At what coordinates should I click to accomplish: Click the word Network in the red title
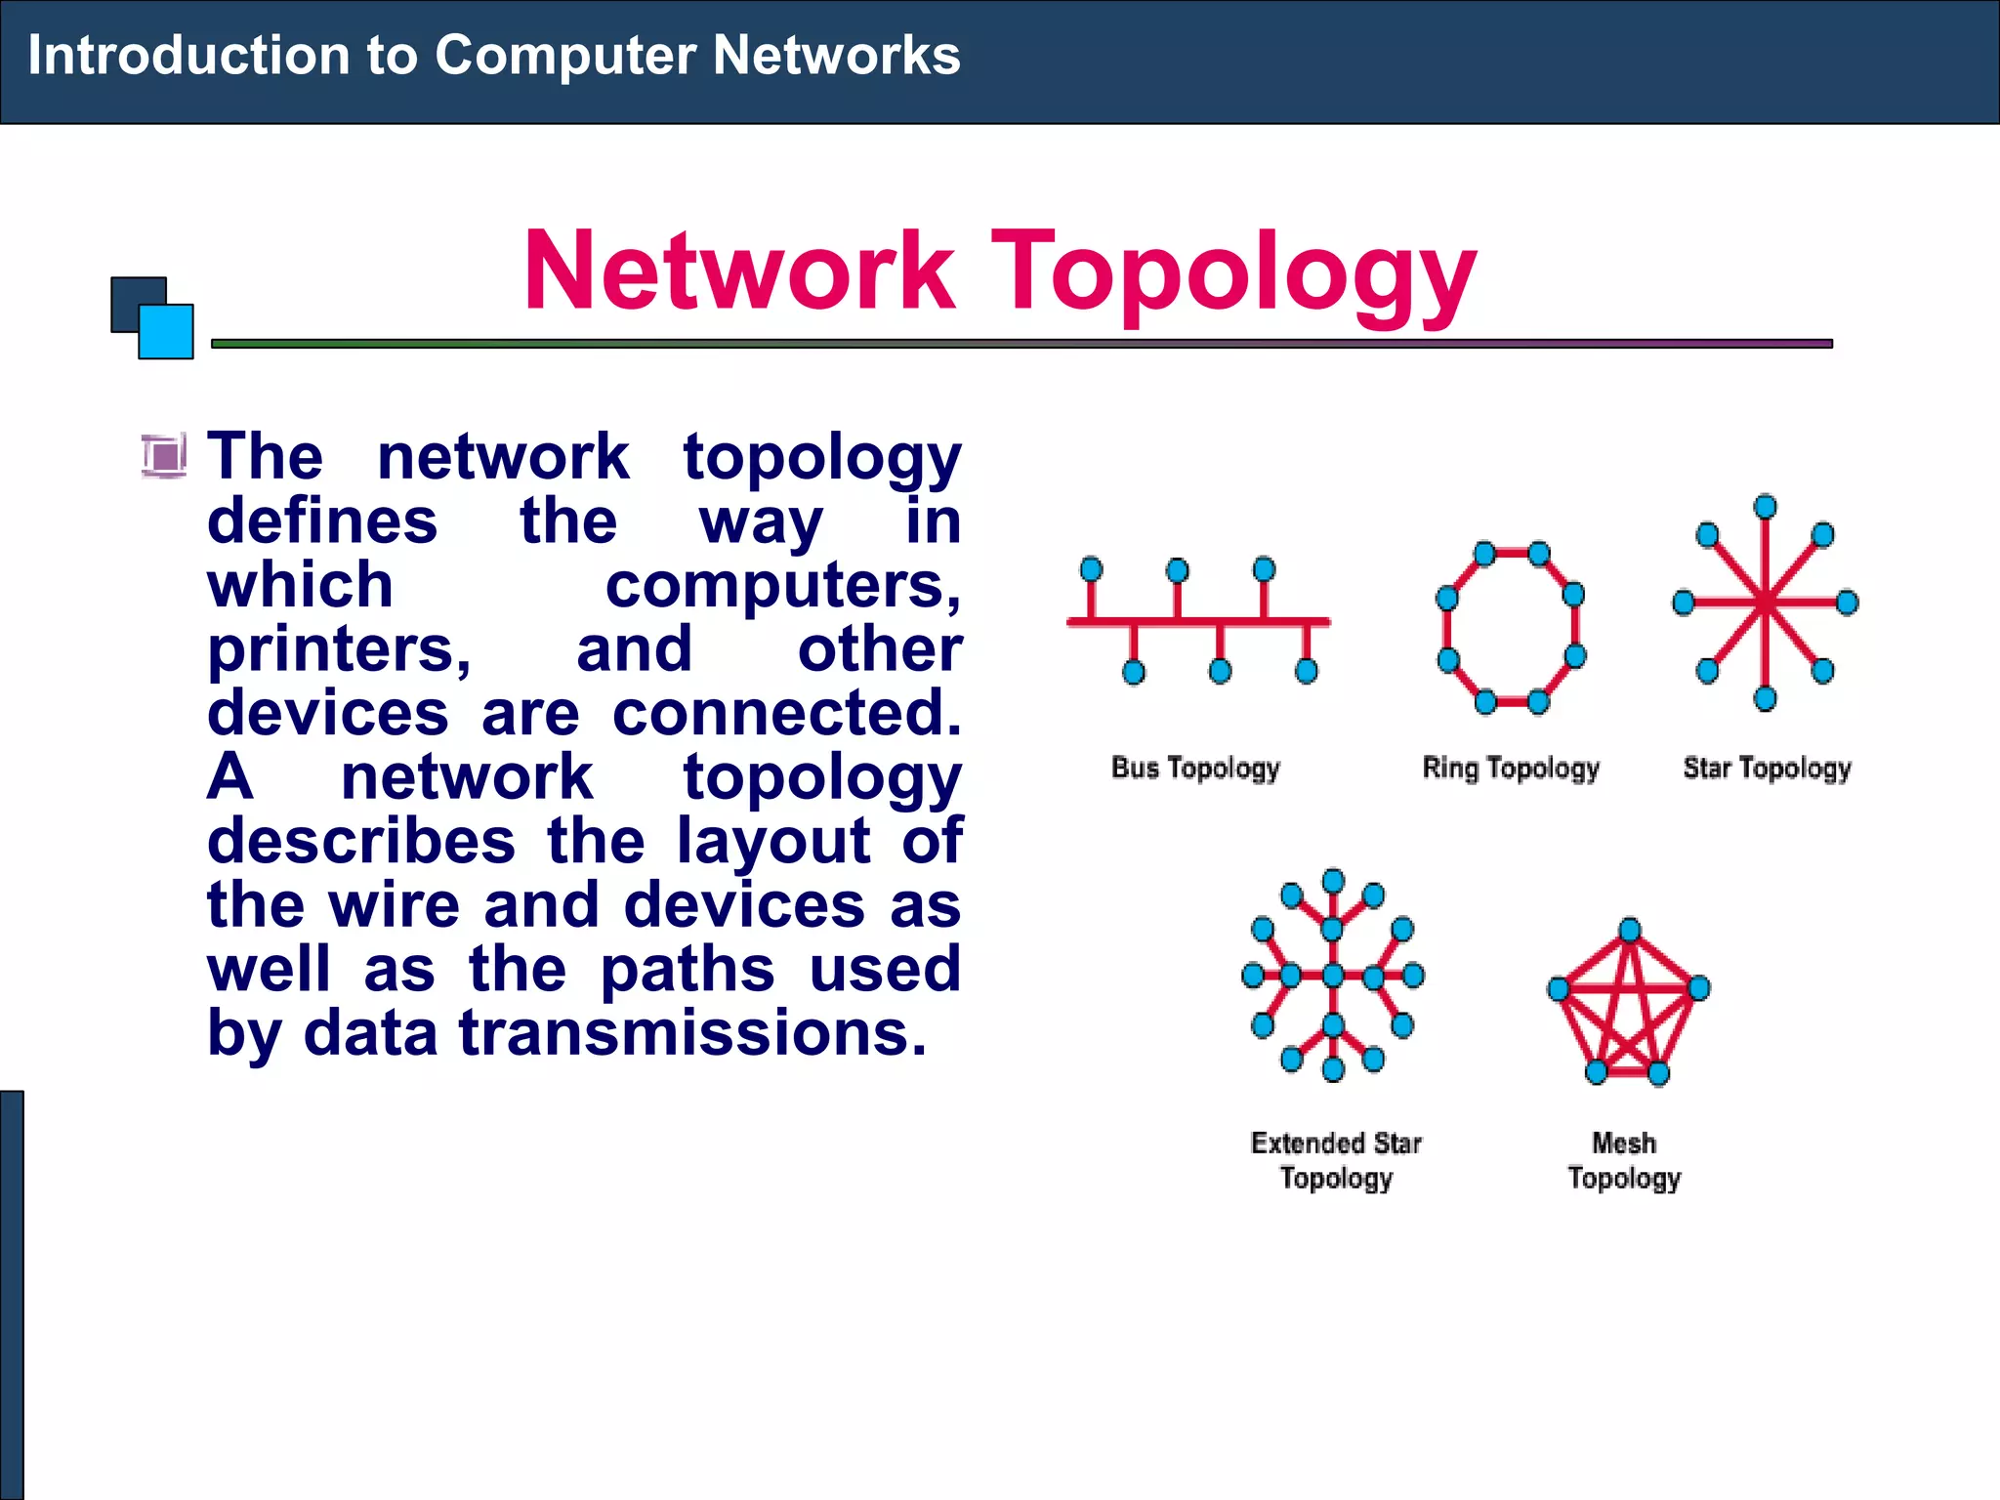(x=739, y=270)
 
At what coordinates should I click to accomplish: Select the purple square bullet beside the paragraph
(x=163, y=455)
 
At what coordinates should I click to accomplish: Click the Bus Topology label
(x=1195, y=769)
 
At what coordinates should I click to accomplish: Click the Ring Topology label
(x=1511, y=769)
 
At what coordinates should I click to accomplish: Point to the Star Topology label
(x=1767, y=769)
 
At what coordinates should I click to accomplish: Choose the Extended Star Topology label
(x=1335, y=1160)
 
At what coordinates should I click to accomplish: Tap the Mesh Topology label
(x=1624, y=1160)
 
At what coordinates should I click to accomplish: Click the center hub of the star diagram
(x=1765, y=604)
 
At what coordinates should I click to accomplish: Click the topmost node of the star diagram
(x=1765, y=507)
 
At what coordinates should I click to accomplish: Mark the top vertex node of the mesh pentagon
(x=1629, y=930)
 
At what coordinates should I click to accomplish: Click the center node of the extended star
(x=1333, y=975)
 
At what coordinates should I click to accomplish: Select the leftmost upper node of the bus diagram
(x=1092, y=569)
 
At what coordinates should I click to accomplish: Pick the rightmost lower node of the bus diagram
(x=1306, y=671)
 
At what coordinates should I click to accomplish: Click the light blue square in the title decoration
(x=166, y=332)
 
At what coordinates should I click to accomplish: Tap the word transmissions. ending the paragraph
(x=692, y=1033)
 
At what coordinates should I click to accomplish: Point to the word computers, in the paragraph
(x=783, y=586)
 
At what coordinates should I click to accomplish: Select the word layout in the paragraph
(x=773, y=841)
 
